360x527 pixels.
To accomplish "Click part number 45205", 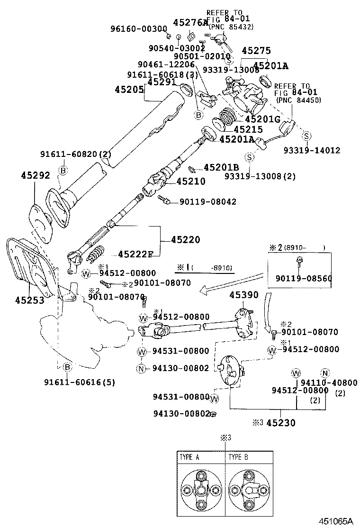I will coord(129,89).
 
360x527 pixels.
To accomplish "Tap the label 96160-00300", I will coord(137,28).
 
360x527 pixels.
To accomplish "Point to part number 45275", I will coord(256,51).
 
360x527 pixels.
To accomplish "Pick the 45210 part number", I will coord(191,181).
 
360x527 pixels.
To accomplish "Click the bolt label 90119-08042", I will coord(207,202).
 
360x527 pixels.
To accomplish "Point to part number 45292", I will coord(35,176).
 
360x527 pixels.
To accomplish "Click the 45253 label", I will coord(29,300).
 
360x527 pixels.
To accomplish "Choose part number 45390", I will coord(244,295).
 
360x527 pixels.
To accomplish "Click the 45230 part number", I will coord(280,423).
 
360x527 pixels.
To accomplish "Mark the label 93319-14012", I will coord(312,150).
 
